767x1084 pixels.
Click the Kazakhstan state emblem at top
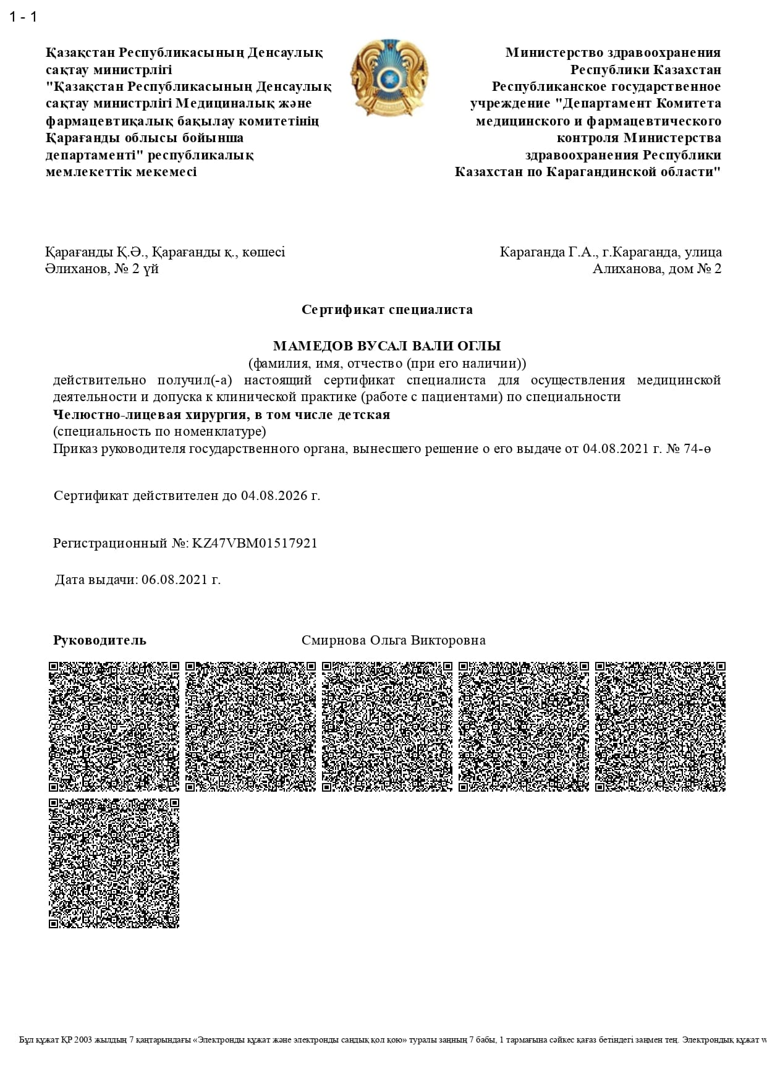(x=388, y=78)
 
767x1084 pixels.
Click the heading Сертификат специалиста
(x=387, y=310)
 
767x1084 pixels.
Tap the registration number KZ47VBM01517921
(x=255, y=543)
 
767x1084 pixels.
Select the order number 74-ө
(x=697, y=449)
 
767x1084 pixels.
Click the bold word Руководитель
(x=100, y=640)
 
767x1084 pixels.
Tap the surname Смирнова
(x=334, y=640)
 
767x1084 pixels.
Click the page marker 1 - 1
(x=23, y=17)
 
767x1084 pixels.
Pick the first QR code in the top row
(x=114, y=727)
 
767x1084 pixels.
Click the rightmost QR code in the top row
(x=660, y=727)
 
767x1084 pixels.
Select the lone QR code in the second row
(x=114, y=863)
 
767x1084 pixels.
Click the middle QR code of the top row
(x=387, y=727)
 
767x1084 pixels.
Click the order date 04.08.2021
(x=616, y=449)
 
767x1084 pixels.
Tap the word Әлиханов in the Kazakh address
(x=77, y=269)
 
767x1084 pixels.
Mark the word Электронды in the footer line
(x=218, y=1040)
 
